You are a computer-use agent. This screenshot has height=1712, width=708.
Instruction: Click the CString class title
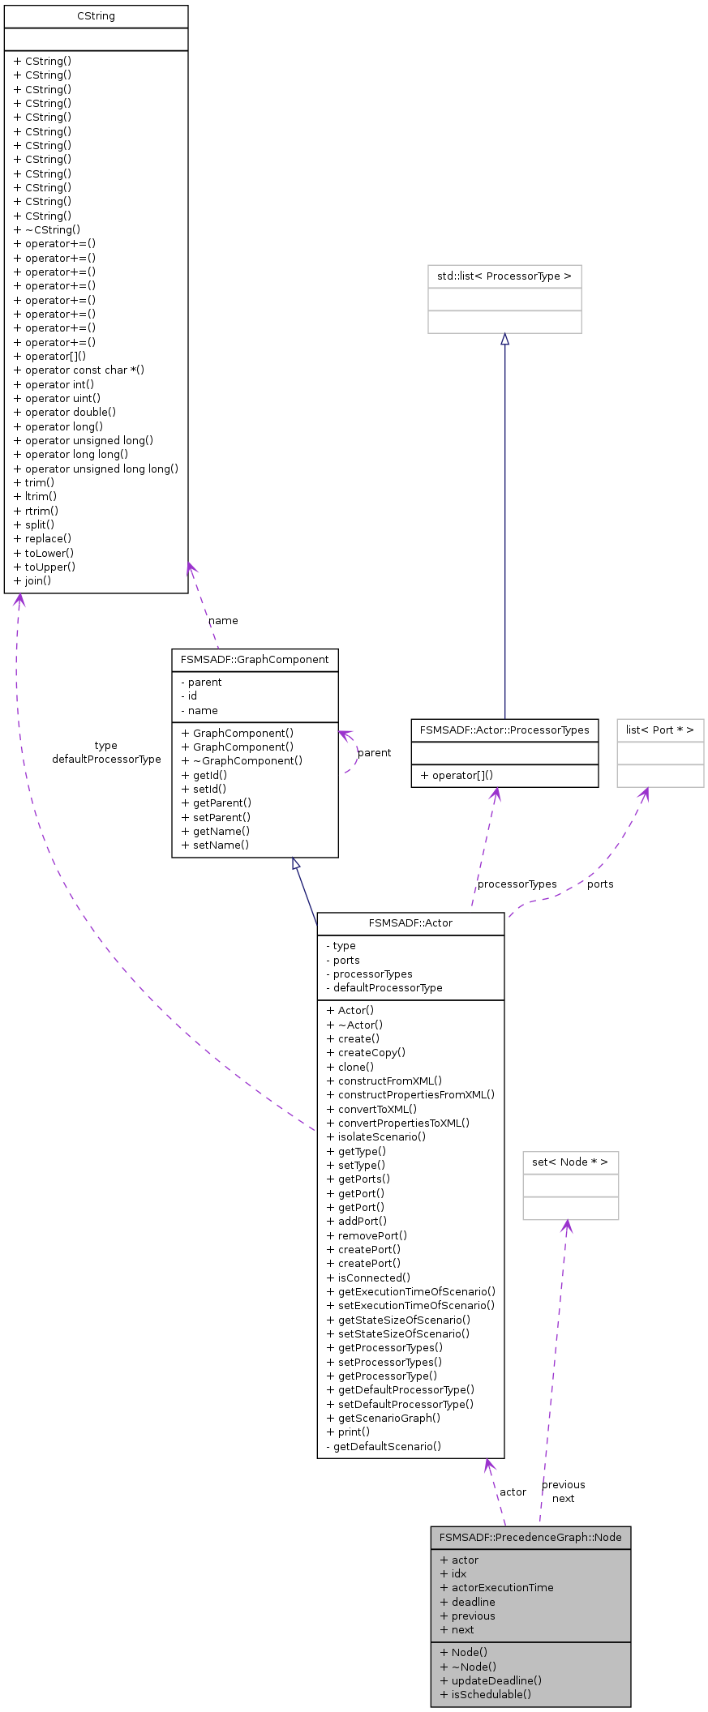[x=96, y=16]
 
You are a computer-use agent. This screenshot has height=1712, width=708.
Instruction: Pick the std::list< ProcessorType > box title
[x=504, y=276]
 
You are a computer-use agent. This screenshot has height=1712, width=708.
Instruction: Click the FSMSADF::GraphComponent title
[x=255, y=660]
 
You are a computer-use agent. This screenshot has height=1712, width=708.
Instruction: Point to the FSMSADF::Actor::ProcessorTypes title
[x=504, y=730]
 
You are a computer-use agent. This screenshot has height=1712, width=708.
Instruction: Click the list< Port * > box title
[x=659, y=730]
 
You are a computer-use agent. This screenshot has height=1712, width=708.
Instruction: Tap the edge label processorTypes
[x=517, y=884]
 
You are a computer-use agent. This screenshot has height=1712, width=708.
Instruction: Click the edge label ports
[x=600, y=884]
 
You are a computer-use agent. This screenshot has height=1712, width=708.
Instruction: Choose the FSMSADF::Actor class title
[x=410, y=923]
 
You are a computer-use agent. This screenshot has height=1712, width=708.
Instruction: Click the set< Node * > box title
[x=570, y=1162]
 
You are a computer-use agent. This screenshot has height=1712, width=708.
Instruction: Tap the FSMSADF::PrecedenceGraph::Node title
[x=530, y=1538]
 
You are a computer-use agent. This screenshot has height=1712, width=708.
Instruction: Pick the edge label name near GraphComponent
[x=223, y=621]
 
